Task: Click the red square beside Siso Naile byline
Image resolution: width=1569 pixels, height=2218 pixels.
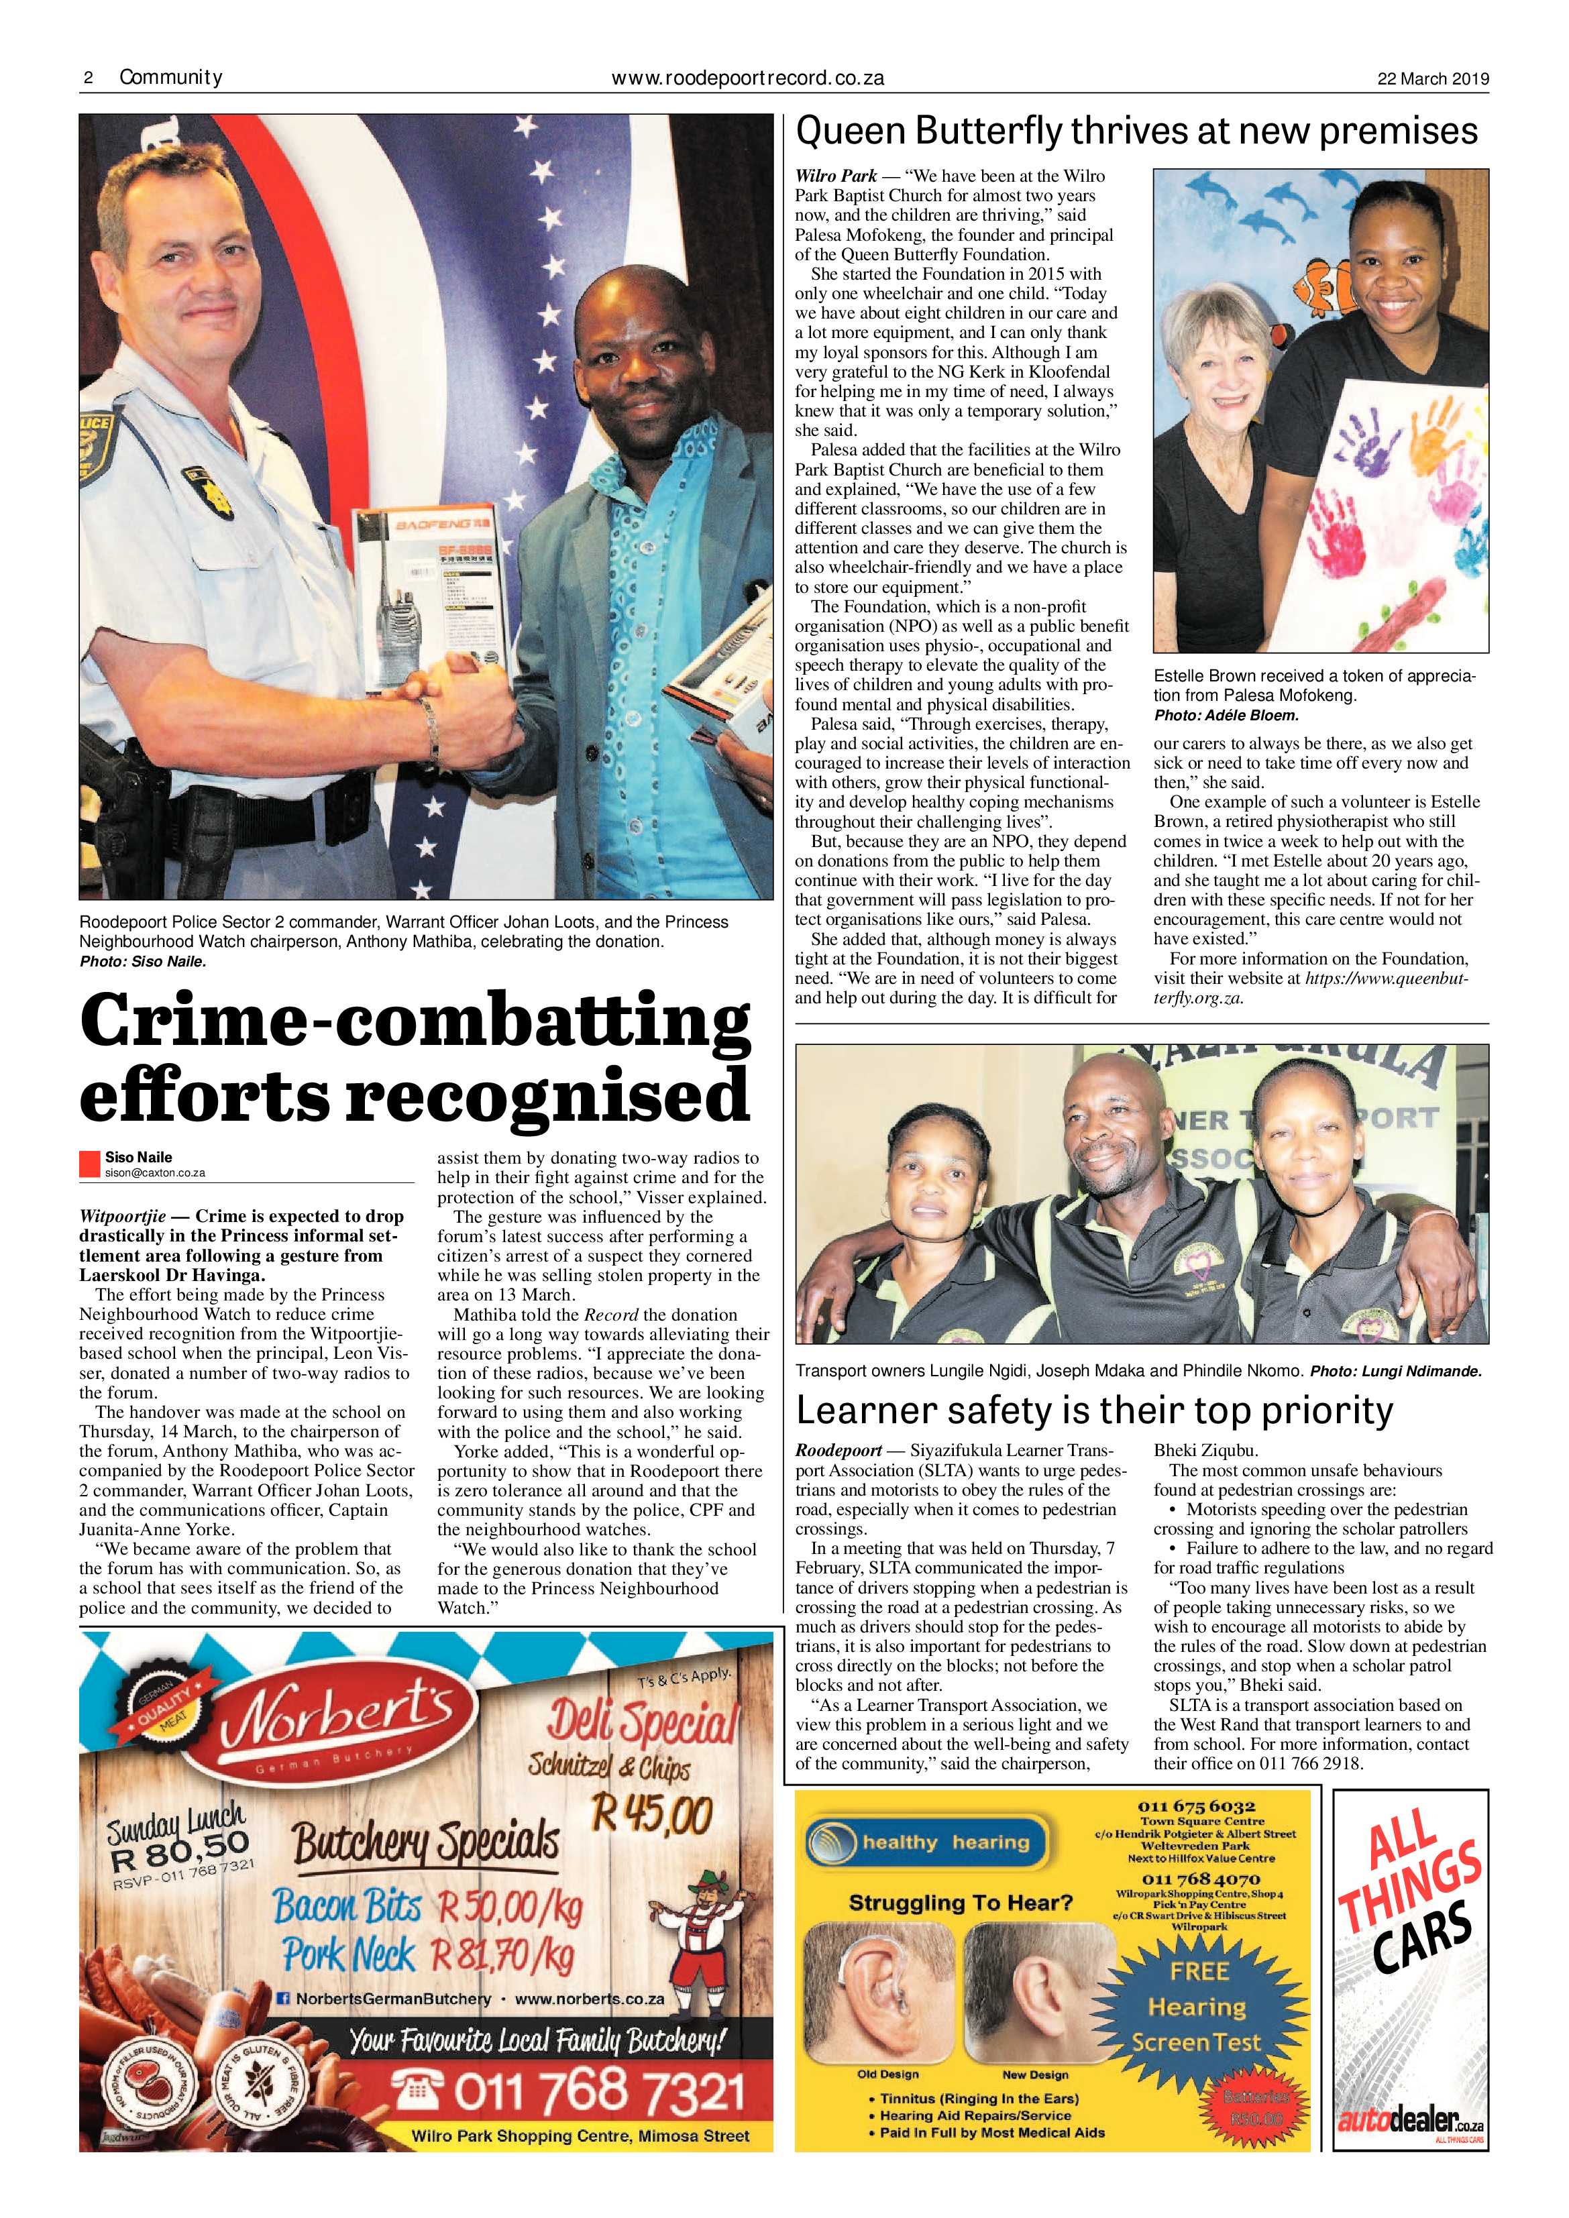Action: point(89,1164)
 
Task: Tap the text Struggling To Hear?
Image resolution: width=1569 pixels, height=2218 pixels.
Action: point(961,1904)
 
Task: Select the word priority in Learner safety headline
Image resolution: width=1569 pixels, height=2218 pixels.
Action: point(1325,1410)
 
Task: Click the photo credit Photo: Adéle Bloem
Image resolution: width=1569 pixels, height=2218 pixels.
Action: point(1226,716)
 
